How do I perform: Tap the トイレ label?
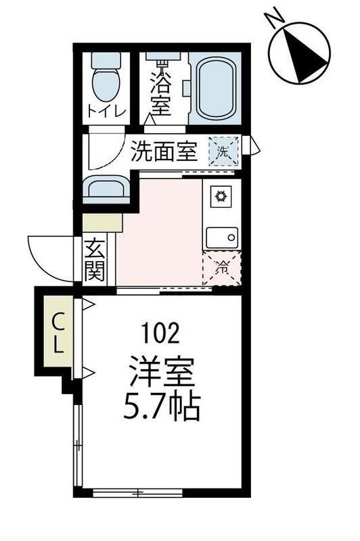pos(106,112)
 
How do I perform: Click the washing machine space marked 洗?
pos(223,151)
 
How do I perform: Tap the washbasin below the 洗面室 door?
pos(106,189)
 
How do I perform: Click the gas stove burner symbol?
pos(220,197)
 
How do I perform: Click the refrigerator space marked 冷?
pos(221,268)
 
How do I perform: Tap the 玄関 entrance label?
pos(95,260)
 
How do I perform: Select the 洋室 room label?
pos(162,372)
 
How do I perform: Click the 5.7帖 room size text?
pos(162,407)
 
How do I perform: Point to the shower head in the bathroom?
pos(162,64)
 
